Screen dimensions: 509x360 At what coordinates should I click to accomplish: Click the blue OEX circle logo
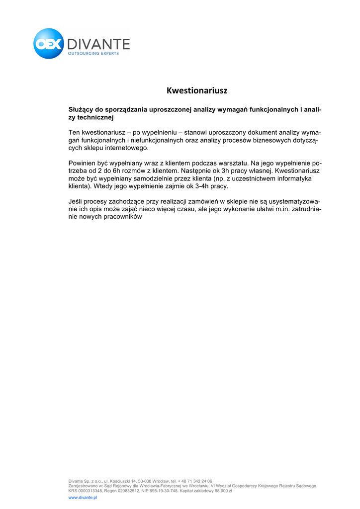coord(49,44)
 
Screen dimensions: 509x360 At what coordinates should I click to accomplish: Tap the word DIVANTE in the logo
coord(98,44)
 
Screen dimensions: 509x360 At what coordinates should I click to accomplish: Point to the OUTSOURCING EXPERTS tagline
coord(93,54)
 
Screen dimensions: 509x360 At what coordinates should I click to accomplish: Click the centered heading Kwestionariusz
coord(197,90)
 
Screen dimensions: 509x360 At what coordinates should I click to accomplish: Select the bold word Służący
coord(81,109)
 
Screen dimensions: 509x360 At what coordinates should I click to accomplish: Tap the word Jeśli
coord(76,201)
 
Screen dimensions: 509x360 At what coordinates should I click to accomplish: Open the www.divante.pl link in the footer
coord(83,497)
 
